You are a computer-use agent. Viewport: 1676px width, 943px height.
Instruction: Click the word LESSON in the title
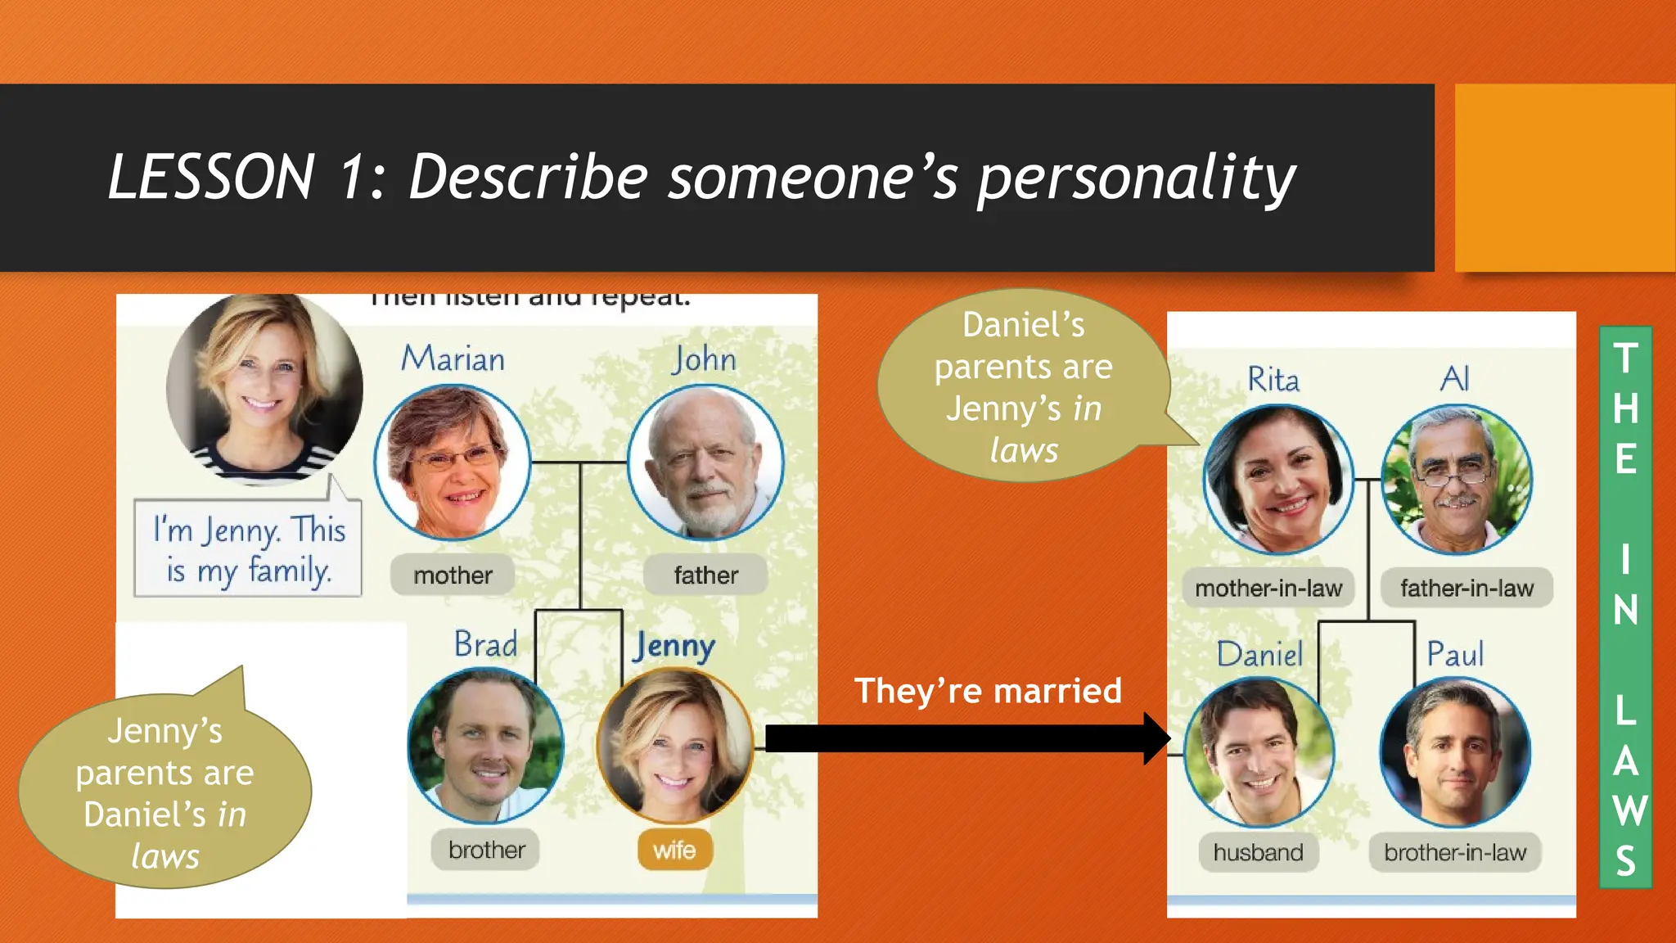click(x=211, y=177)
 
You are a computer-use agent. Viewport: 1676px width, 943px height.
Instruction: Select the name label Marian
click(x=453, y=359)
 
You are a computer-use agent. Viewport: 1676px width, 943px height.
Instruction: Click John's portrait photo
click(x=705, y=462)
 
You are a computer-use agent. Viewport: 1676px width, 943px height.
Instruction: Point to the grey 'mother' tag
click(x=453, y=575)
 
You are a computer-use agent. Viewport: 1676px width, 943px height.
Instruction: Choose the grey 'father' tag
click(x=705, y=575)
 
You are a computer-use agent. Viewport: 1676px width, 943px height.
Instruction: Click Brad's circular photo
click(x=486, y=745)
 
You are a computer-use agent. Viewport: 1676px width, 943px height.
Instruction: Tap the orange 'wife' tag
click(x=674, y=851)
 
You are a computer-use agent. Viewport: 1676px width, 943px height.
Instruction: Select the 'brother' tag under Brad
click(x=486, y=851)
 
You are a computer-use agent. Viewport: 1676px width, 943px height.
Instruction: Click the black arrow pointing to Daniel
click(x=966, y=738)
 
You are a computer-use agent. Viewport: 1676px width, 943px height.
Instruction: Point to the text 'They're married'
click(x=988, y=691)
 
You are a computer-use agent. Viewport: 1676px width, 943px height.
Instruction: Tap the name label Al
click(x=1455, y=379)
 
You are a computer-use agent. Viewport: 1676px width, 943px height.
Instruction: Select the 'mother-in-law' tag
click(x=1268, y=589)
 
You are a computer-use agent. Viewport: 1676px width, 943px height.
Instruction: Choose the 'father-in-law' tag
click(x=1466, y=589)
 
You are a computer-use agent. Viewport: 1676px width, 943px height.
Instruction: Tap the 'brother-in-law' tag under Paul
click(x=1455, y=853)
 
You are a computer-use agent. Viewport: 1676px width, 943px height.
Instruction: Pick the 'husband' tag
click(x=1259, y=853)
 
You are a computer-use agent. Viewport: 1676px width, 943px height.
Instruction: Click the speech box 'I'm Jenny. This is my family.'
click(x=248, y=549)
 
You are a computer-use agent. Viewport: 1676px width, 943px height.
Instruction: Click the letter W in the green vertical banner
click(x=1627, y=811)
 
